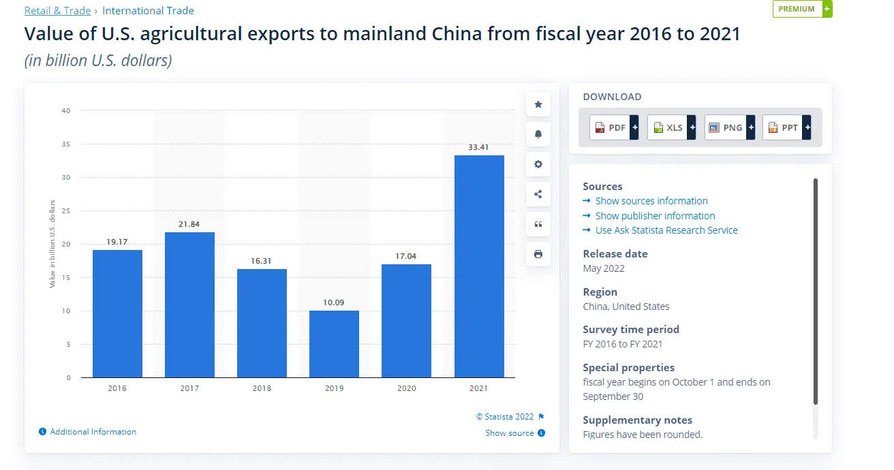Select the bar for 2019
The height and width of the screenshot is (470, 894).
pyautogui.click(x=334, y=344)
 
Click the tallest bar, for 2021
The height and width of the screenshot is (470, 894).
pyautogui.click(x=479, y=266)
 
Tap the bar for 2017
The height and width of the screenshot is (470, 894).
pyautogui.click(x=189, y=305)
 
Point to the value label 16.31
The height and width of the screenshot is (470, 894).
pyautogui.click(x=262, y=261)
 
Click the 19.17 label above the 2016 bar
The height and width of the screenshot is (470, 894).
pyautogui.click(x=117, y=242)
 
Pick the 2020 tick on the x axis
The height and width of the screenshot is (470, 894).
pyautogui.click(x=406, y=388)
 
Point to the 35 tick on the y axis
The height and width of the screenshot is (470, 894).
pyautogui.click(x=66, y=144)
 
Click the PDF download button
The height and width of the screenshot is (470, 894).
pyautogui.click(x=614, y=127)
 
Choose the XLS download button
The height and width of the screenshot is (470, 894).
pyautogui.click(x=671, y=127)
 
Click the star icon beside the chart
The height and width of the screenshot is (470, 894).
pyautogui.click(x=538, y=104)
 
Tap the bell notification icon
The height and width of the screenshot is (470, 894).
pyautogui.click(x=538, y=134)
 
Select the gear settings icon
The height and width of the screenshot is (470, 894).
pyautogui.click(x=538, y=164)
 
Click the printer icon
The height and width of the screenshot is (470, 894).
pyautogui.click(x=538, y=254)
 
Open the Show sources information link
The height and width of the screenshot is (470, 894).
pyautogui.click(x=651, y=201)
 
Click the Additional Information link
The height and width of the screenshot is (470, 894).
pyautogui.click(x=93, y=432)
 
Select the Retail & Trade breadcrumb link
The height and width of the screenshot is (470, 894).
pyautogui.click(x=57, y=11)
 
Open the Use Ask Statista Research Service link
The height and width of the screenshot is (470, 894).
pyautogui.click(x=666, y=230)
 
